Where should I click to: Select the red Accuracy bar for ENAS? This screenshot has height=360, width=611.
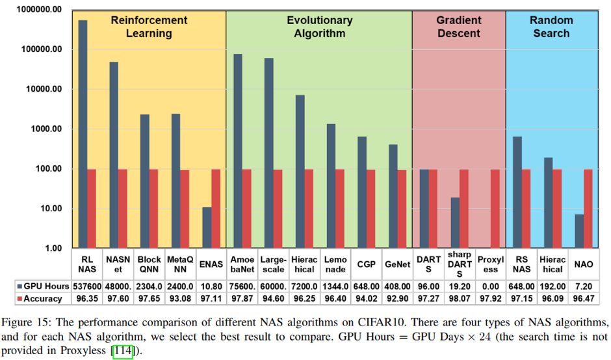[216, 209]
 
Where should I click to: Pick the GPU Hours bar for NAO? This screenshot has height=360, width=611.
[579, 231]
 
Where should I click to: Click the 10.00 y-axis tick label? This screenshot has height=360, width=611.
[49, 209]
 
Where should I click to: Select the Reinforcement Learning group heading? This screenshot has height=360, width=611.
[149, 27]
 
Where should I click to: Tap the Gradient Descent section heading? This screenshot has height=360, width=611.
[458, 27]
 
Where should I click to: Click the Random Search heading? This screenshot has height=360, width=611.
[551, 27]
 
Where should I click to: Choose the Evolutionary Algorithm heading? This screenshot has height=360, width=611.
[319, 27]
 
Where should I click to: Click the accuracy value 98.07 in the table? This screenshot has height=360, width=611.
[459, 298]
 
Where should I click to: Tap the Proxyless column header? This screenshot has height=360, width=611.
[490, 264]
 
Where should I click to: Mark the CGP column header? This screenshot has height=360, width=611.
[366, 264]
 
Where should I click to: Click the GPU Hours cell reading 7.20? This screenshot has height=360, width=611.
[584, 286]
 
